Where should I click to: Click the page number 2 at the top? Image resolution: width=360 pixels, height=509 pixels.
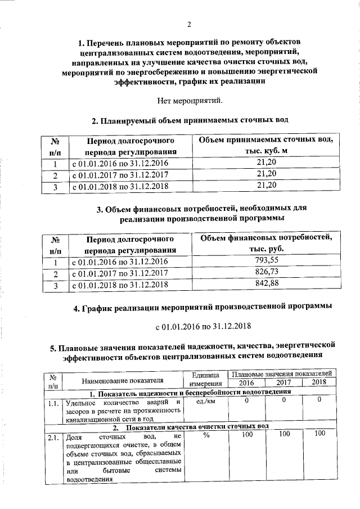click(x=189, y=24)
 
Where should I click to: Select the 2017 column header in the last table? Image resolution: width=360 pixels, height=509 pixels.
click(x=283, y=383)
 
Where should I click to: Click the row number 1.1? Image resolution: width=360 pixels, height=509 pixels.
click(x=54, y=403)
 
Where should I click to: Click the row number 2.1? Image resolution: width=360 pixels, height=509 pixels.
click(x=54, y=436)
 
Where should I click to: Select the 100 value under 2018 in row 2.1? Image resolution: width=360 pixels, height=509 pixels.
click(x=319, y=434)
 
